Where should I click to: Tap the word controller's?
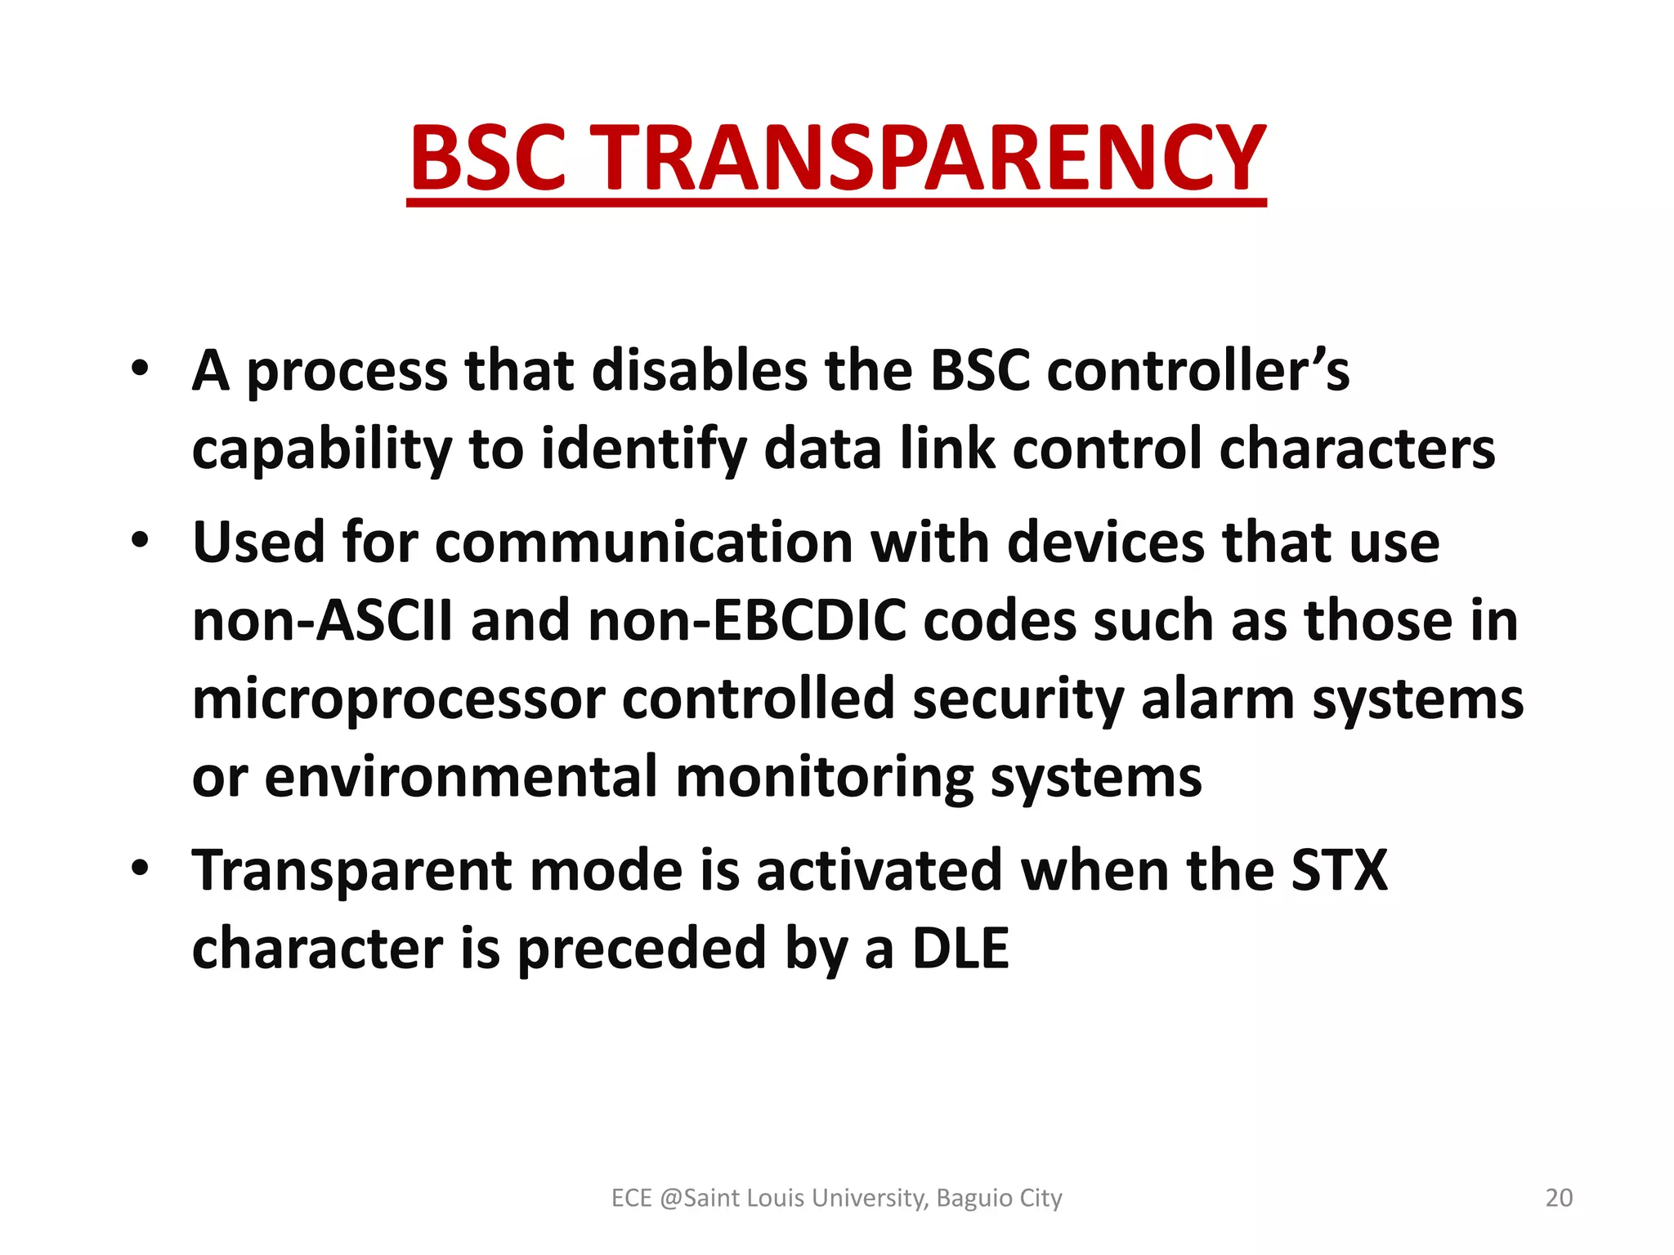click(1197, 371)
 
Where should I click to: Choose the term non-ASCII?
click(322, 621)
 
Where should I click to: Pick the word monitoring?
click(824, 777)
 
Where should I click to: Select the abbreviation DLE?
click(960, 949)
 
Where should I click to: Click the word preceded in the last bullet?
click(642, 949)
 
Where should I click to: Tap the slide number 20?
click(1559, 1198)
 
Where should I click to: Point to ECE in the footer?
click(631, 1198)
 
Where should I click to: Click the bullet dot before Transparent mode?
click(141, 868)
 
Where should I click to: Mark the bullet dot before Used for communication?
click(141, 540)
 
